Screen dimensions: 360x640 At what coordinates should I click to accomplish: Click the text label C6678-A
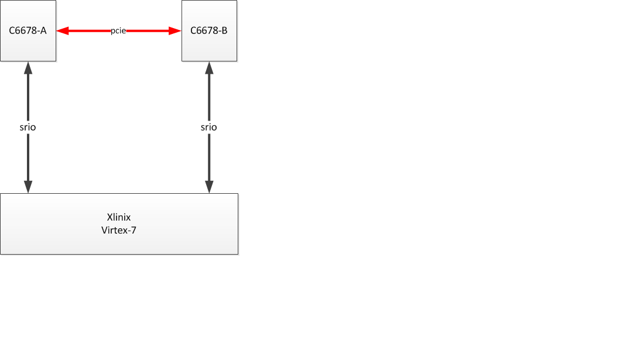28,30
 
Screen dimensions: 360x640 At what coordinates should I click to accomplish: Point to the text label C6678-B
209,30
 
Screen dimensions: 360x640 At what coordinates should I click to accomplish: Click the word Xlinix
119,217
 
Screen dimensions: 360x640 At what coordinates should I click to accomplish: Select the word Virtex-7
119,230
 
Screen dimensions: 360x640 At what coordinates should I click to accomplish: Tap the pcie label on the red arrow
118,30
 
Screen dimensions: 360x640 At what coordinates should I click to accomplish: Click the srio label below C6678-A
28,127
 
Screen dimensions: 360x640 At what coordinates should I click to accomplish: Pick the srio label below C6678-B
209,127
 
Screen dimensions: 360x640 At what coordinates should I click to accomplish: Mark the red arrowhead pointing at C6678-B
175,30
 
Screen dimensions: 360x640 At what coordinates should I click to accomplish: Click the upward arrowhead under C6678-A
28,68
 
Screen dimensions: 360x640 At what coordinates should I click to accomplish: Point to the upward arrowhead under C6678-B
209,68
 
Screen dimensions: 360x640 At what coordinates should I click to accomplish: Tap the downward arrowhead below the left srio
28,186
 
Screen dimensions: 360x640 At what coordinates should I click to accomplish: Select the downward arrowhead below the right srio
209,186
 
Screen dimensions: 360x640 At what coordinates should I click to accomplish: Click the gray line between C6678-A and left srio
28,97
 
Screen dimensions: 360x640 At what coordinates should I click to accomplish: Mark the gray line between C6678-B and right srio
209,97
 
